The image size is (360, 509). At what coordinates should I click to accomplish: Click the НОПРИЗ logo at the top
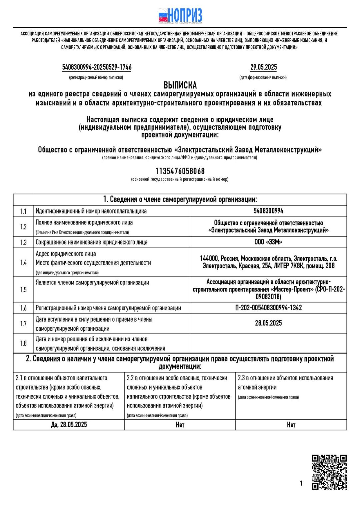[x=180, y=16]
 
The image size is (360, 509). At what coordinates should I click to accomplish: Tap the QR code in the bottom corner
[x=329, y=472]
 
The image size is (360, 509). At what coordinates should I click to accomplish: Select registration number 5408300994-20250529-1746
[x=97, y=67]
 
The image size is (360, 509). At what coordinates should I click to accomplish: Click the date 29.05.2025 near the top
[x=263, y=67]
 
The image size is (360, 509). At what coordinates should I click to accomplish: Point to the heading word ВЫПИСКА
[x=180, y=85]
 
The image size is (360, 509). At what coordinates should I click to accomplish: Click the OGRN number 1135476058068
[x=180, y=171]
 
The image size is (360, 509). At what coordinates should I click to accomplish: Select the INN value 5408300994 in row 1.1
[x=268, y=211]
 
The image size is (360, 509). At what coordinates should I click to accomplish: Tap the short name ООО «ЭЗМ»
[x=268, y=242]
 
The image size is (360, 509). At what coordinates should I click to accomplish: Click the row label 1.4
[x=23, y=263]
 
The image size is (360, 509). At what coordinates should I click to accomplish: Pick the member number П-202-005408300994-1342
[x=268, y=308]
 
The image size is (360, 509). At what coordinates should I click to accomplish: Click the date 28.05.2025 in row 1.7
[x=268, y=323]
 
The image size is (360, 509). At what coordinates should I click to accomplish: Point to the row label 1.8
[x=23, y=343]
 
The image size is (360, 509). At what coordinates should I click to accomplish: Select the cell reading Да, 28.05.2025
[x=69, y=425]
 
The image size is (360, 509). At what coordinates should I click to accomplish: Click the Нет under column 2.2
[x=180, y=425]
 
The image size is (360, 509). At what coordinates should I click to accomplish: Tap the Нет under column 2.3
[x=291, y=425]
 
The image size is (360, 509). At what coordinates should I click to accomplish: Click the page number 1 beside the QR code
[x=301, y=483]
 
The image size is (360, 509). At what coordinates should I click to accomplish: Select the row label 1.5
[x=23, y=290]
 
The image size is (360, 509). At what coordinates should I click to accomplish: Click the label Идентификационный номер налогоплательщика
[x=91, y=211]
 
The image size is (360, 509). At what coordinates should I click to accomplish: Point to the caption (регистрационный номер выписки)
[x=96, y=77]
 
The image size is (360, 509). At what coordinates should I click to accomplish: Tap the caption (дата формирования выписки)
[x=263, y=77]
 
